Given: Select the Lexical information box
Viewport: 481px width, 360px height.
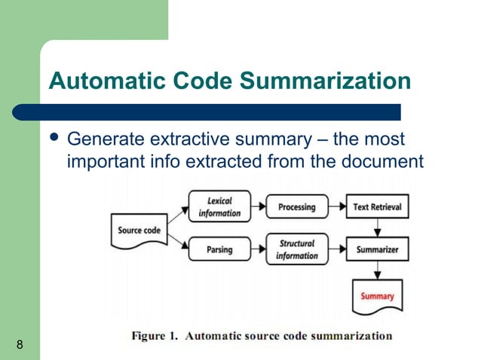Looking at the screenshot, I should pyautogui.click(x=219, y=207).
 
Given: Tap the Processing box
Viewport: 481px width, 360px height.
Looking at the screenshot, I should pyautogui.click(x=296, y=207).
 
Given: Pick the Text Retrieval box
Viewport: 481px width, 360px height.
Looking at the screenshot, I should pyautogui.click(x=377, y=207).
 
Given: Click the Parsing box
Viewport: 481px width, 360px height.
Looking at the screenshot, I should pyautogui.click(x=219, y=249).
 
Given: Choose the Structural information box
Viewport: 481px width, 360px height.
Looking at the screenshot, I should pyautogui.click(x=296, y=249).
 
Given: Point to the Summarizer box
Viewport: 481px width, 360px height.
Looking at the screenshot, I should pyautogui.click(x=377, y=249).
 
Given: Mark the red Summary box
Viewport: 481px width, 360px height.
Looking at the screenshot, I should pyautogui.click(x=377, y=295).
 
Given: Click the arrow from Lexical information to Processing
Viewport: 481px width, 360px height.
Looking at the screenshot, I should pyautogui.click(x=256, y=207).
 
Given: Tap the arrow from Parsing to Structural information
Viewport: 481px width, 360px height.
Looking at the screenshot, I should pyautogui.click(x=256, y=249).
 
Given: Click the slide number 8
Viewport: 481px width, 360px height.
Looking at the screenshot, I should pyautogui.click(x=18, y=346).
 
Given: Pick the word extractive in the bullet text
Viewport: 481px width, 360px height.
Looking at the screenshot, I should pyautogui.click(x=191, y=141).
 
